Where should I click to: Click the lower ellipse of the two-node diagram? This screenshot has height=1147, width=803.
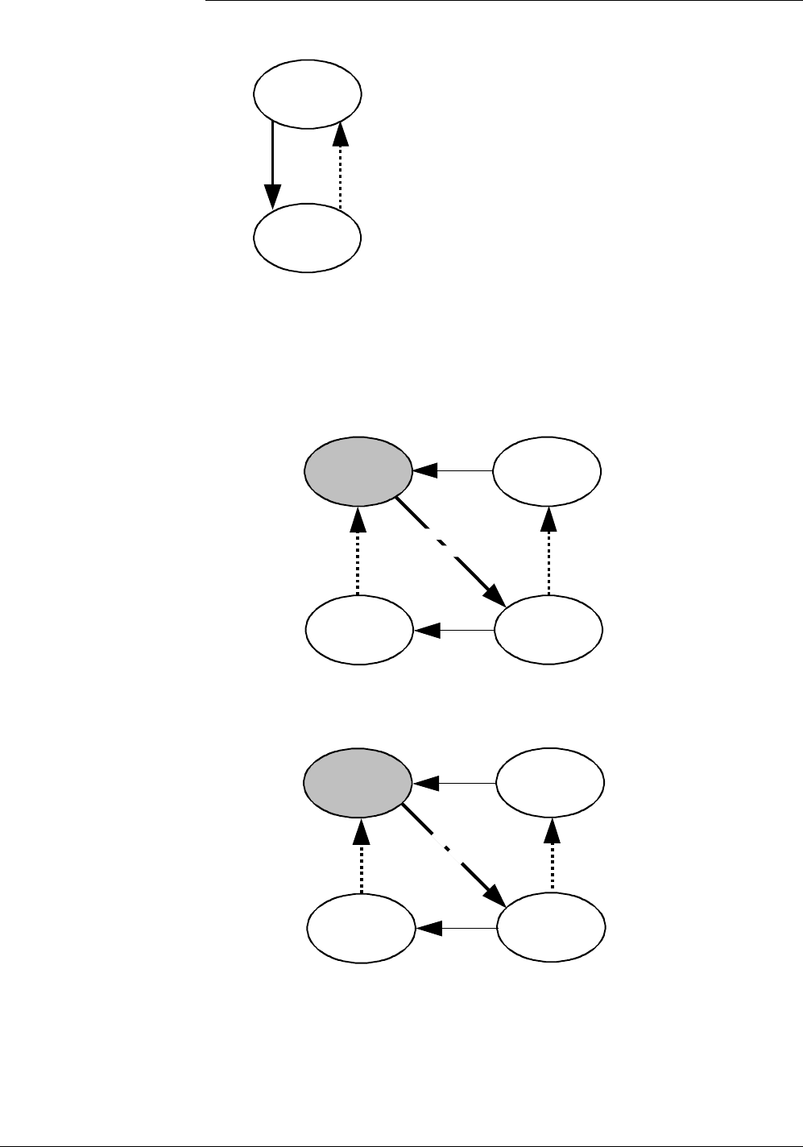[x=307, y=238]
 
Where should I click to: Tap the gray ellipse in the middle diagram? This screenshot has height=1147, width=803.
[x=358, y=473]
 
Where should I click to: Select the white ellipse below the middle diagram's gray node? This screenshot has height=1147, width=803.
[x=359, y=630]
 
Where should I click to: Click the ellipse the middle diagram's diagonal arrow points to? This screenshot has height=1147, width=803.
[x=548, y=630]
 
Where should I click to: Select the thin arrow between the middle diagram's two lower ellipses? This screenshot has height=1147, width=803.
[x=453, y=631]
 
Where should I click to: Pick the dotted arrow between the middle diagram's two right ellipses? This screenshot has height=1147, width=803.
[x=548, y=551]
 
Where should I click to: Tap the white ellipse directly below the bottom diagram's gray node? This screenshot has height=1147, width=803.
[x=362, y=930]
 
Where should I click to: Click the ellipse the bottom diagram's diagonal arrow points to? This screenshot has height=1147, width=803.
[x=551, y=930]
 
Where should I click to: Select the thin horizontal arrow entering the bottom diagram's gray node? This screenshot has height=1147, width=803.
[x=454, y=782]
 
